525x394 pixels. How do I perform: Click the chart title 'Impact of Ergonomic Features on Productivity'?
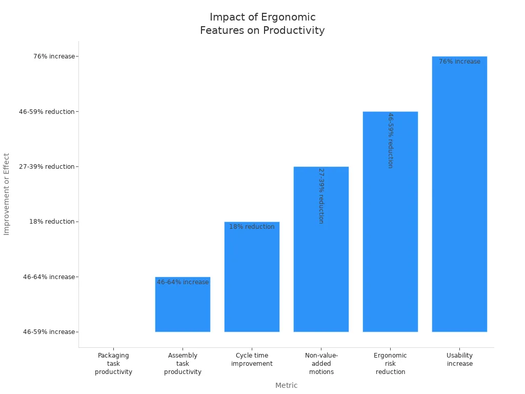click(262, 24)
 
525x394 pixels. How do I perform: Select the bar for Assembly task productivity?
click(183, 308)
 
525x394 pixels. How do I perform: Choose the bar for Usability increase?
click(459, 195)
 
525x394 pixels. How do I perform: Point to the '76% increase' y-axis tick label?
click(54, 56)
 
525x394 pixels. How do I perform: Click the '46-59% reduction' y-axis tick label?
click(47, 112)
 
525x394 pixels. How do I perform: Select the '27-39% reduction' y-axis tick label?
click(47, 167)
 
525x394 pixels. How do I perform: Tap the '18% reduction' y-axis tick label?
click(52, 222)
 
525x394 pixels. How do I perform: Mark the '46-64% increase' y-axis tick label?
click(49, 277)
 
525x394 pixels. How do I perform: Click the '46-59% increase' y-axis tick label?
click(49, 332)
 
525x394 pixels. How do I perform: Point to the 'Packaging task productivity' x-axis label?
click(113, 364)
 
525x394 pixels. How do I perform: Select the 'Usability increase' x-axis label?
click(459, 360)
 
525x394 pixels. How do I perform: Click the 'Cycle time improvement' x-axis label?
click(252, 360)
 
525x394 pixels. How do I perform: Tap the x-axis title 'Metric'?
click(286, 385)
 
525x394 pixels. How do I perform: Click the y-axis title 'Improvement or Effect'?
click(7, 194)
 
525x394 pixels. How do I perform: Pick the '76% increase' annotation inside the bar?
click(459, 62)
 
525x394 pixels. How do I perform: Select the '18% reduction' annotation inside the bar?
click(252, 227)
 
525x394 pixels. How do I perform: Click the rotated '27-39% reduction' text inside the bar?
click(321, 195)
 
